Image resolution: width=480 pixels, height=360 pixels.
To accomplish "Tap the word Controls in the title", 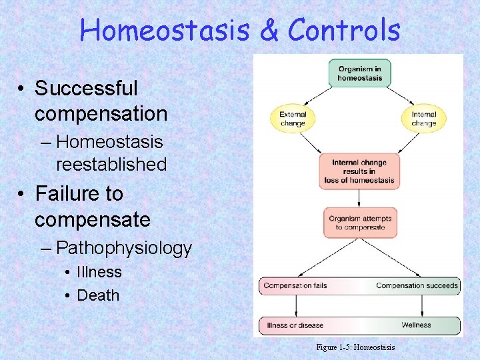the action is coord(344,30).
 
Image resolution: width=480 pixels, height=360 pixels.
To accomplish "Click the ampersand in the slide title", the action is coord(269,30).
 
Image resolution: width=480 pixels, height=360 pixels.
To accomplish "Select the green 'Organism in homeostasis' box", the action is coord(360,73).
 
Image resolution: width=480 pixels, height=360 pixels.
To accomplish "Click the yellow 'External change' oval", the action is coord(293,119).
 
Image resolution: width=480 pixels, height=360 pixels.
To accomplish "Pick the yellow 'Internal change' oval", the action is coord(423,119).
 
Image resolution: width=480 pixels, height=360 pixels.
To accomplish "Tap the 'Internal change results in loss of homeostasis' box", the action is coord(360,171).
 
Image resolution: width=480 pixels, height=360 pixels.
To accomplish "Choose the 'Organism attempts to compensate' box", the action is coord(360,223).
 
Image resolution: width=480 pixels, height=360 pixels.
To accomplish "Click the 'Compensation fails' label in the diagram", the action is coord(295,285).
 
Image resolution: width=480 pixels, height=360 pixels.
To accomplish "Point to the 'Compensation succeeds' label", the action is coord(417,285).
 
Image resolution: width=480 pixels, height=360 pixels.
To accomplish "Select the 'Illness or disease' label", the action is coord(295,325).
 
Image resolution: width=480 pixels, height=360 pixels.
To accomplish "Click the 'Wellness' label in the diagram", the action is coord(416,325).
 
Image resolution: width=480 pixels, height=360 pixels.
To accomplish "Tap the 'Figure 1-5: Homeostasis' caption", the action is coord(355,347).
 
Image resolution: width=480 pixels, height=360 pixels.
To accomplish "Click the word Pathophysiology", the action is coord(124,249).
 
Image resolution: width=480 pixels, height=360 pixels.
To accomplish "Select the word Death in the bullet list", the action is coord(98,295).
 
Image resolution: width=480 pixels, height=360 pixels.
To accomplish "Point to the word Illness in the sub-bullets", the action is coord(99,272).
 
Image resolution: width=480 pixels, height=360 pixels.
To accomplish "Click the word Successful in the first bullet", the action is coord(86,88).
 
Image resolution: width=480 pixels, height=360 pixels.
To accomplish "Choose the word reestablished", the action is coord(111,164).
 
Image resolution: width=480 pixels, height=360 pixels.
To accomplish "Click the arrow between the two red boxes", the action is coord(360,198).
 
